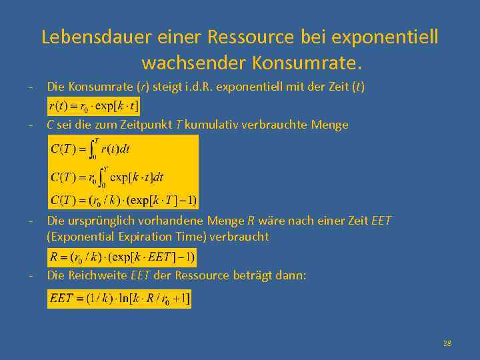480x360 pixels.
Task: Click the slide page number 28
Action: pyautogui.click(x=447, y=343)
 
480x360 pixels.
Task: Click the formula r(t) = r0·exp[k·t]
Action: pyautogui.click(x=94, y=105)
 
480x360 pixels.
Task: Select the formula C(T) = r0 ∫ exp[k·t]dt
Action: pyautogui.click(x=107, y=177)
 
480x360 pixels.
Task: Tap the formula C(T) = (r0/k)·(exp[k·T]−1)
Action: pyautogui.click(x=123, y=200)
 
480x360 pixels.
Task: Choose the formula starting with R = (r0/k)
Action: pyautogui.click(x=123, y=257)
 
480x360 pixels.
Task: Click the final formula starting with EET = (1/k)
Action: pyautogui.click(x=119, y=299)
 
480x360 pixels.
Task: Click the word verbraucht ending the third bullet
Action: pyautogui.click(x=241, y=236)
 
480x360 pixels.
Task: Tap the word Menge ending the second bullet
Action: pyautogui.click(x=331, y=125)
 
